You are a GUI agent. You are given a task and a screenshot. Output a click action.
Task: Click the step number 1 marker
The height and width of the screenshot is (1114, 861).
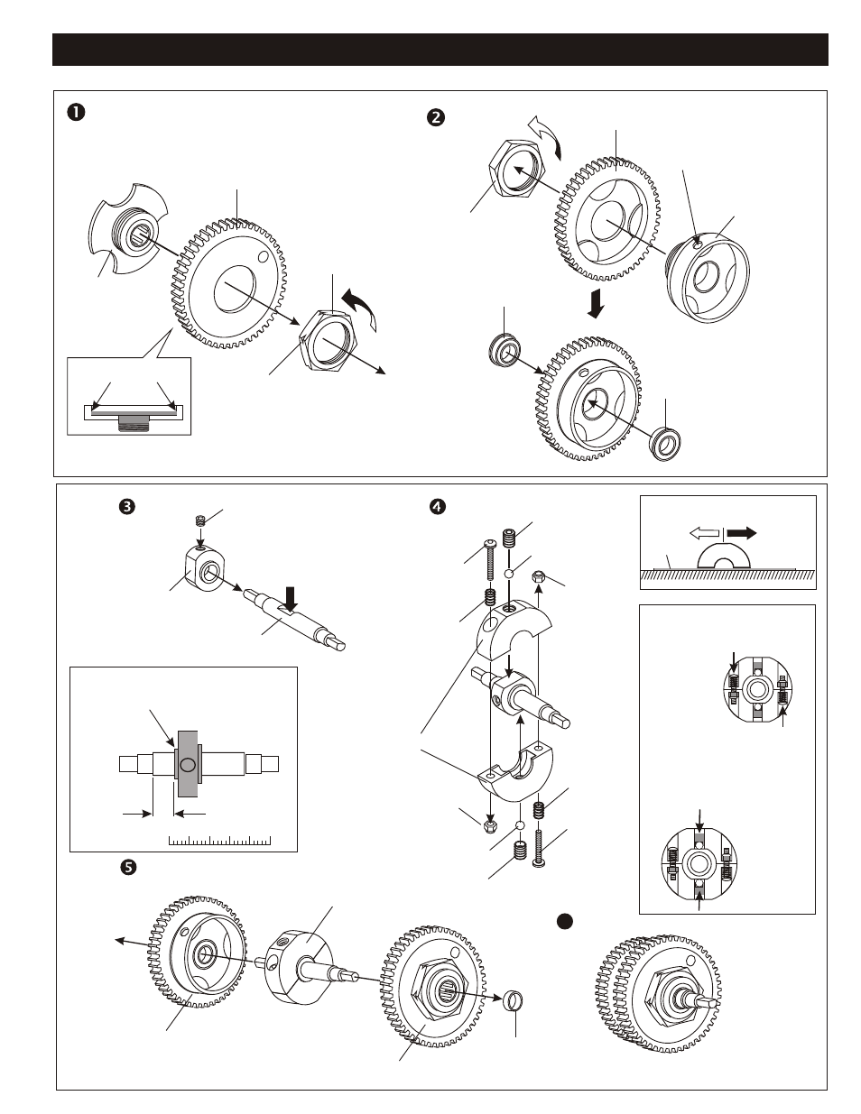pyautogui.click(x=76, y=112)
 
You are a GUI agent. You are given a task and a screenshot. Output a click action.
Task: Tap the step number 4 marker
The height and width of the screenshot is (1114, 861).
pyautogui.click(x=438, y=507)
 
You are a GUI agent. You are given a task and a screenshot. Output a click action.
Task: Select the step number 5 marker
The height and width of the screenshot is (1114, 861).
pyautogui.click(x=127, y=867)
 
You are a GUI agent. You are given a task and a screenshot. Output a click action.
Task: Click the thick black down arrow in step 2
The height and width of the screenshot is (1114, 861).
pyautogui.click(x=596, y=303)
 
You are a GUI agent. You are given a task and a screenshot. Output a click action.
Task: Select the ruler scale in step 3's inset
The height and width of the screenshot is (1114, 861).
pyautogui.click(x=219, y=841)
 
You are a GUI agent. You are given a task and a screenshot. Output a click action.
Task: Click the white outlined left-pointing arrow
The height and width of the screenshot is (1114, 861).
pyautogui.click(x=704, y=533)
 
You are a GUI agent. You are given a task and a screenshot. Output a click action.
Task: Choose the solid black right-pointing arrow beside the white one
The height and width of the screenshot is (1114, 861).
pyautogui.click(x=742, y=533)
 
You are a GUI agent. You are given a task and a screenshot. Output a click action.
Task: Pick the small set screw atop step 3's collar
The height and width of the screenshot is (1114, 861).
pyautogui.click(x=200, y=520)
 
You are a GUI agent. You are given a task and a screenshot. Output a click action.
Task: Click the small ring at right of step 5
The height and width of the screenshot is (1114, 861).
pyautogui.click(x=514, y=999)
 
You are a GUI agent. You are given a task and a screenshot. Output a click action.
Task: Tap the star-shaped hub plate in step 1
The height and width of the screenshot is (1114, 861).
pyautogui.click(x=128, y=228)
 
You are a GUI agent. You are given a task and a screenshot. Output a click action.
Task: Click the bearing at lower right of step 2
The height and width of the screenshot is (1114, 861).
pyautogui.click(x=665, y=443)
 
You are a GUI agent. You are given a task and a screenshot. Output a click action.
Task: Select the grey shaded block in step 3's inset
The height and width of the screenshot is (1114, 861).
pyautogui.click(x=188, y=764)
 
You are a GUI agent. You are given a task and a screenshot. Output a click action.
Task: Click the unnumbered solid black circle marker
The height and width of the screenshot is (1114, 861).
pyautogui.click(x=565, y=921)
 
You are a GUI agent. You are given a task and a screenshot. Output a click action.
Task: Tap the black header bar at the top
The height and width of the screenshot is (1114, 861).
pyautogui.click(x=440, y=50)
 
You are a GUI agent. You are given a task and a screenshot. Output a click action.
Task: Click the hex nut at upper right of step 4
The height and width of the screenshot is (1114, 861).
pyautogui.click(x=539, y=575)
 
